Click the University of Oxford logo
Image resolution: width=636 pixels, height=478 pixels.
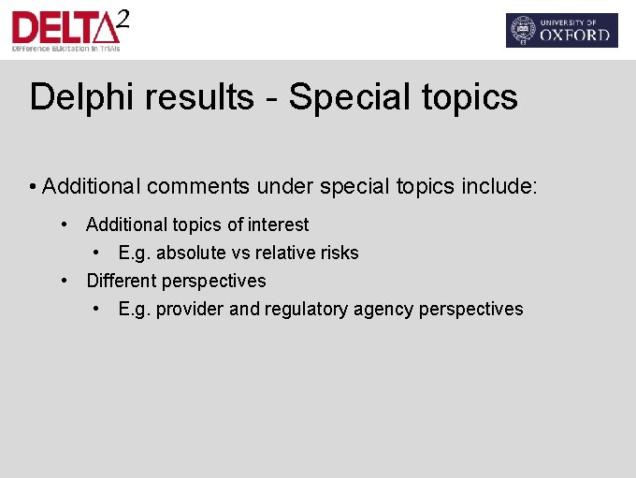tap(561, 30)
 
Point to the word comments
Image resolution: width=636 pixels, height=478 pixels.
tap(195, 186)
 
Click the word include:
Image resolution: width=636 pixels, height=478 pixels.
tap(499, 186)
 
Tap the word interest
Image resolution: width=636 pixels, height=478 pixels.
tap(278, 225)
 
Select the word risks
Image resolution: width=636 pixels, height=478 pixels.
tap(340, 253)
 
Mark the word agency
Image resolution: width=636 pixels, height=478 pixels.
tap(386, 309)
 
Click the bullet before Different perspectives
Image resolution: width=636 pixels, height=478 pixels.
tap(65, 281)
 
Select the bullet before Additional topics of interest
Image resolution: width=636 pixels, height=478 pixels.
tap(65, 225)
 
